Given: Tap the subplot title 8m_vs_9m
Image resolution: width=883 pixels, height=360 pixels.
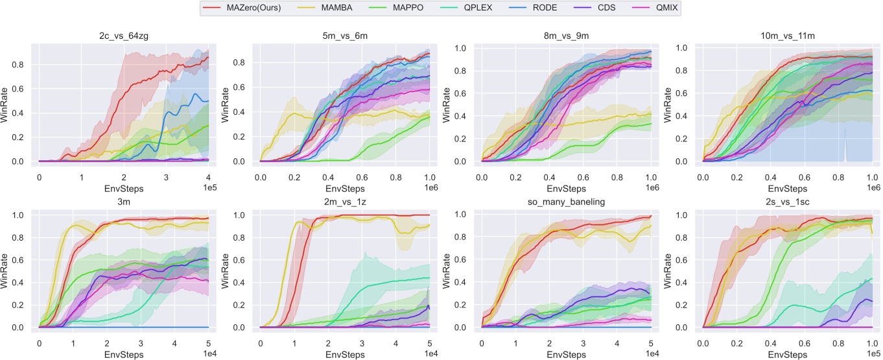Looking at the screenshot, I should tap(566, 36).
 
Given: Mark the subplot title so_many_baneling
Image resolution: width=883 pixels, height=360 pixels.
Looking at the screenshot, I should tap(566, 202).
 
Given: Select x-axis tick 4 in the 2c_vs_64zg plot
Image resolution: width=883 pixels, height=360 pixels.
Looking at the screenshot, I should tap(208, 176).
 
